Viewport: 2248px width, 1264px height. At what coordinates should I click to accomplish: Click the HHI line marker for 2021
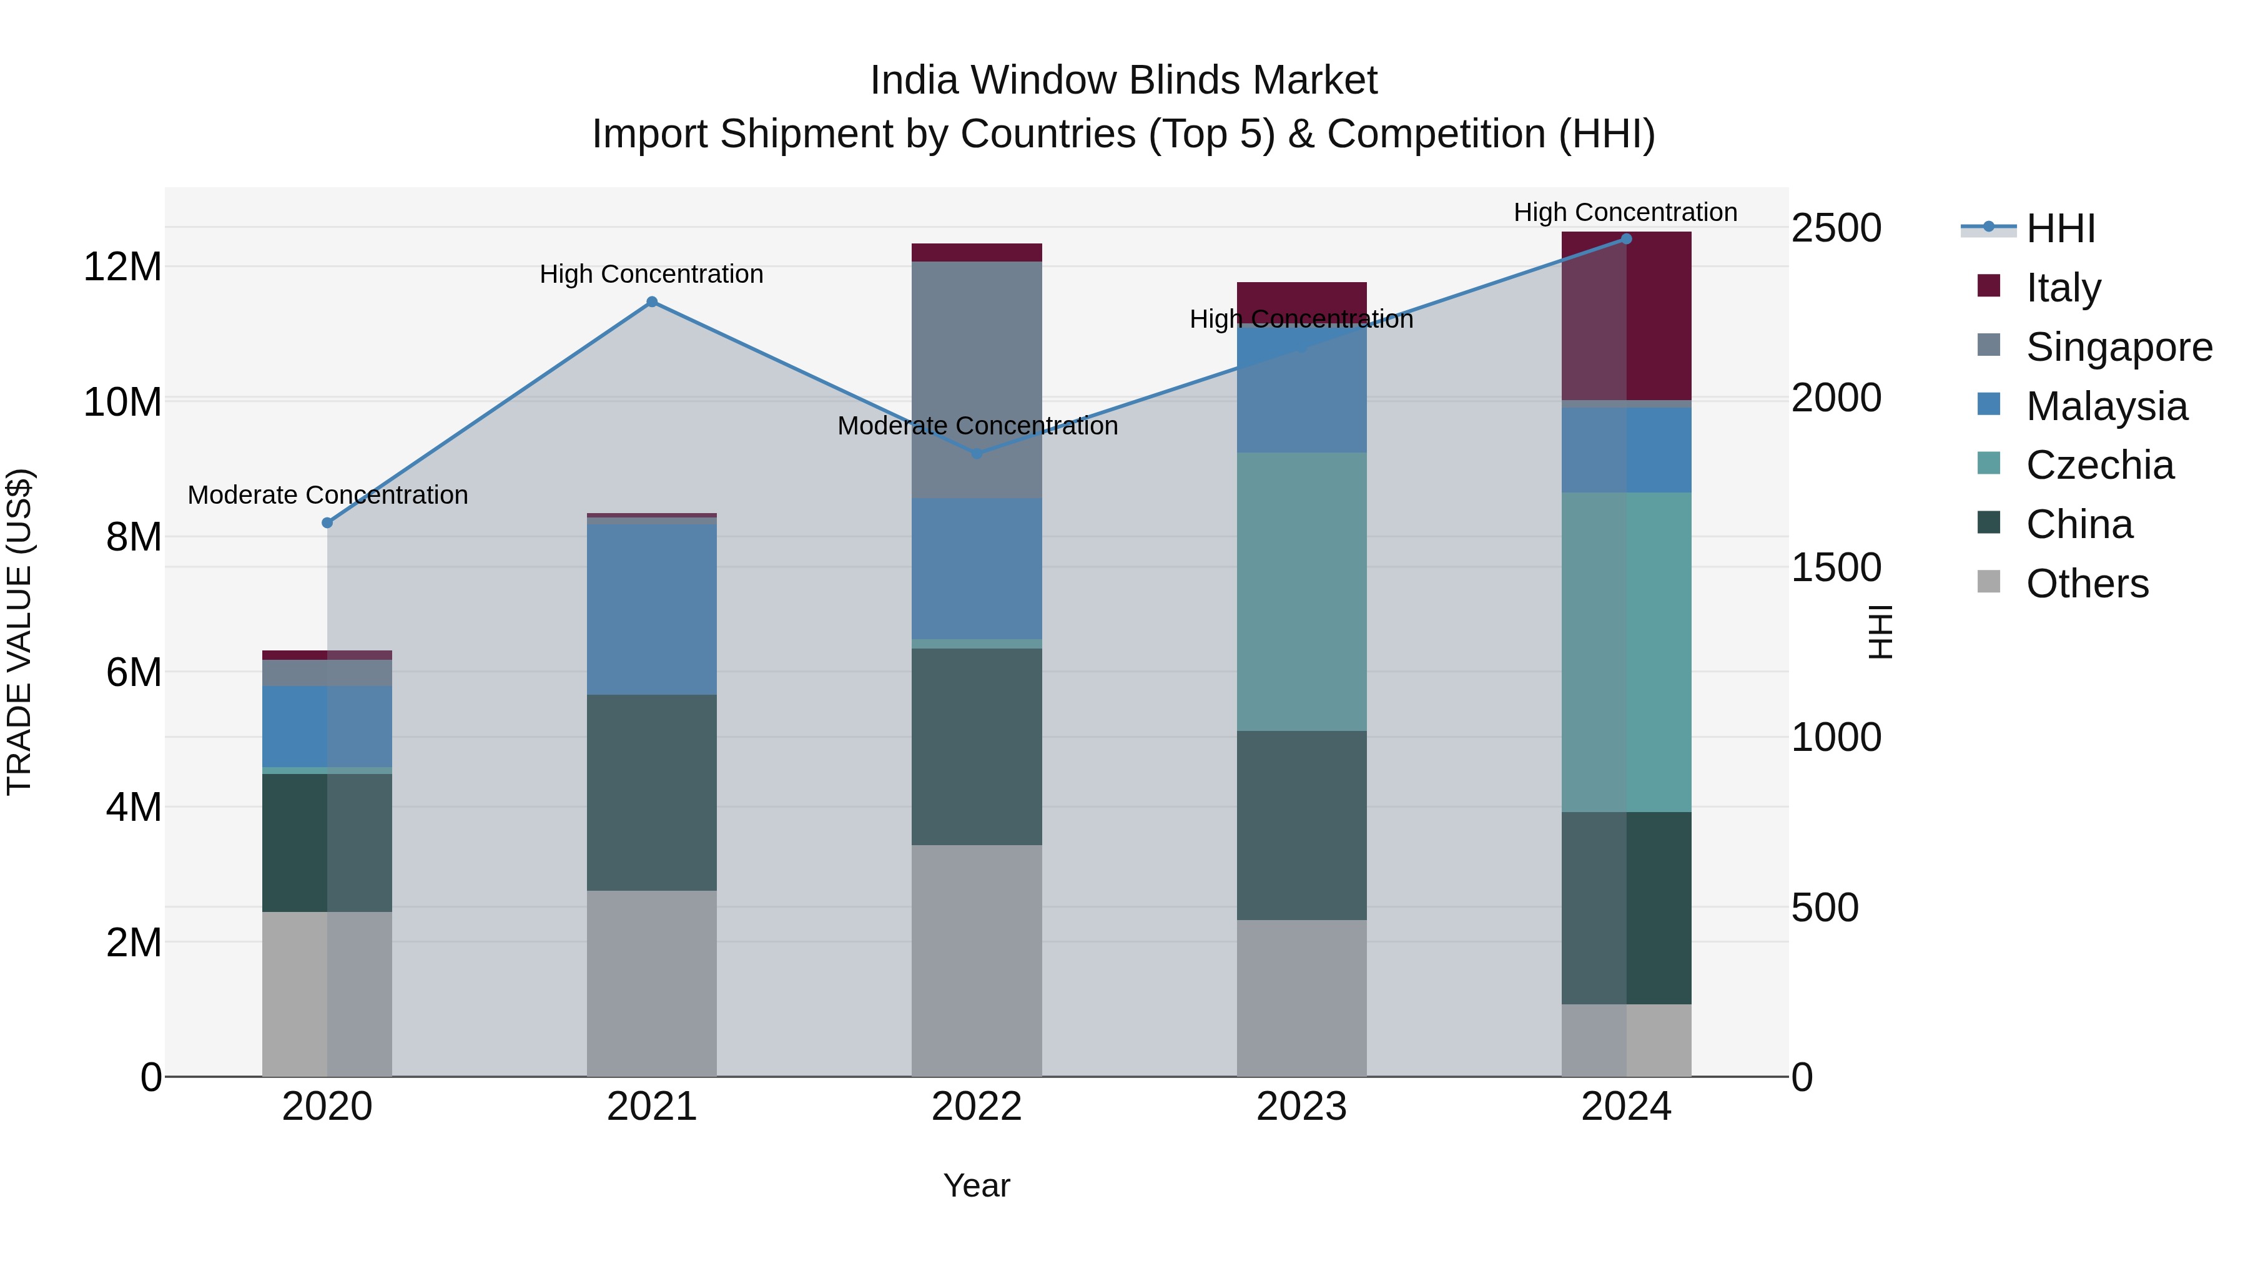pyautogui.click(x=652, y=302)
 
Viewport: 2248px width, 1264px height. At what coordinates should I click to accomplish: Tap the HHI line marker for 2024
pyautogui.click(x=1626, y=238)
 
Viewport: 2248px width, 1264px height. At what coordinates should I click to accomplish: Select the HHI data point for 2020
pyautogui.click(x=327, y=522)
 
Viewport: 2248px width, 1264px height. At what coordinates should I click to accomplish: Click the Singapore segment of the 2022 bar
pyautogui.click(x=977, y=380)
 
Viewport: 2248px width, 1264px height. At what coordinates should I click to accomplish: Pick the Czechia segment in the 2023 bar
pyautogui.click(x=1301, y=592)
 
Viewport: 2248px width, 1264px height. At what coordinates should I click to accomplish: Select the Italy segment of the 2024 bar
pyautogui.click(x=1626, y=316)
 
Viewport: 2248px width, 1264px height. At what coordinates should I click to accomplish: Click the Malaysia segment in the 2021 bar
pyautogui.click(x=652, y=608)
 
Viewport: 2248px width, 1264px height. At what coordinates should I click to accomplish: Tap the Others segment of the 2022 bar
pyautogui.click(x=977, y=959)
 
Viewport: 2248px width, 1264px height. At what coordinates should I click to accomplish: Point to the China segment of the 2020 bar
pyautogui.click(x=327, y=842)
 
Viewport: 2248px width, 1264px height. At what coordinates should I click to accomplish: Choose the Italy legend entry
pyautogui.click(x=2063, y=288)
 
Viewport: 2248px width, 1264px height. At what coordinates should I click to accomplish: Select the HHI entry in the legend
pyautogui.click(x=2059, y=228)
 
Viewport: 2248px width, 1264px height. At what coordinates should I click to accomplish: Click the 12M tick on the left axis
pyautogui.click(x=122, y=266)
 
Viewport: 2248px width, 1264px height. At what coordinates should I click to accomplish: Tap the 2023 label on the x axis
pyautogui.click(x=1301, y=1107)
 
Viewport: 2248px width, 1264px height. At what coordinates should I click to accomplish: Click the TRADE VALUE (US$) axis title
pyautogui.click(x=19, y=632)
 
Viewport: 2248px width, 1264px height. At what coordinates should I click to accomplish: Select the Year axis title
pyautogui.click(x=977, y=1185)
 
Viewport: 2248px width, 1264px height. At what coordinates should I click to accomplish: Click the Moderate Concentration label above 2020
pyautogui.click(x=327, y=494)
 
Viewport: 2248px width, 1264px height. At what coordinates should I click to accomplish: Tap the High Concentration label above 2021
pyautogui.click(x=651, y=274)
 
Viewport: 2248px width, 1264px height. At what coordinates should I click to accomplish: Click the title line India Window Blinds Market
pyautogui.click(x=1123, y=81)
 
